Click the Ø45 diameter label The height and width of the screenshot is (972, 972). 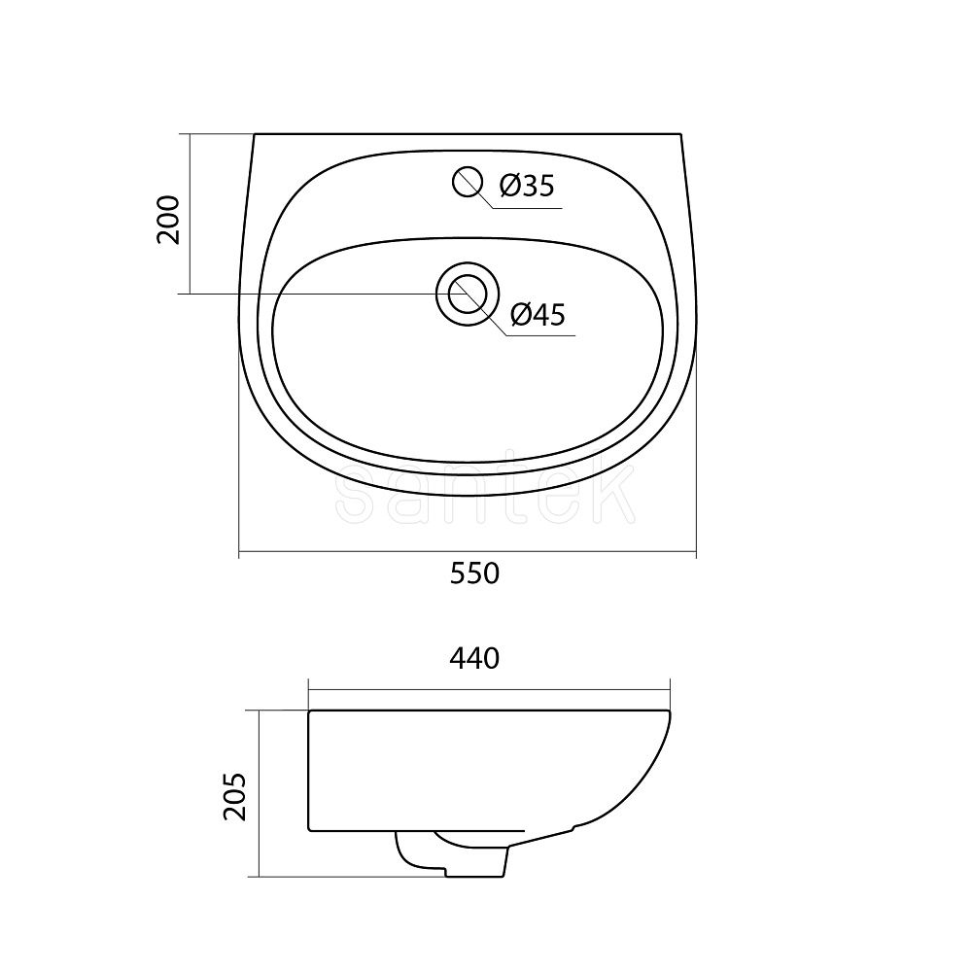coord(538,314)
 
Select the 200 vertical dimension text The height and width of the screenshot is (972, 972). coord(168,220)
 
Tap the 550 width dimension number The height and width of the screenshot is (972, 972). coord(474,573)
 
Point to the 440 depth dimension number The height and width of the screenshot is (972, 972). coord(474,658)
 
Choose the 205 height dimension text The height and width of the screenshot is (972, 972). coord(235,796)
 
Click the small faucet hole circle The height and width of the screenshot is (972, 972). coord(467,181)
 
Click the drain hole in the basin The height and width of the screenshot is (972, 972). coord(467,294)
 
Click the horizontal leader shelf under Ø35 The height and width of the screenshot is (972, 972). coord(528,208)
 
